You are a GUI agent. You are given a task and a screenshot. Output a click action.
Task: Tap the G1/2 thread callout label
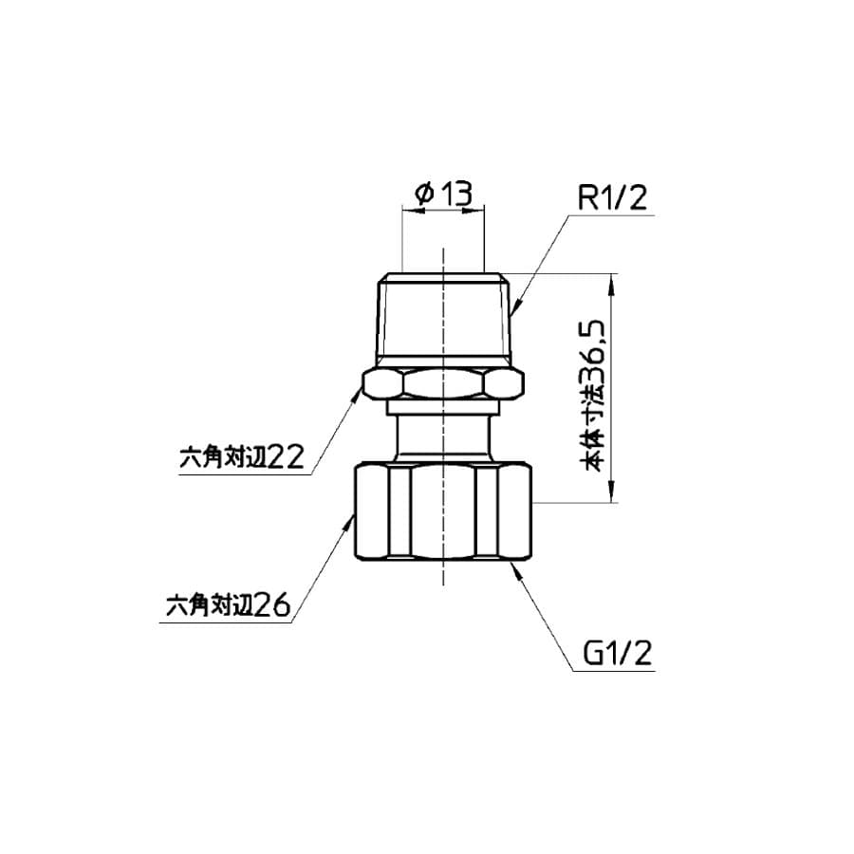coord(617,654)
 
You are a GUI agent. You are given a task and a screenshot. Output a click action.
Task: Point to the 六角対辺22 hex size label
coord(240,458)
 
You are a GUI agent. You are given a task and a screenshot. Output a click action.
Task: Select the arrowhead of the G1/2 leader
coord(512,566)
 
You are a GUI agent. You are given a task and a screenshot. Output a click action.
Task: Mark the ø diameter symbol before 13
coord(424,195)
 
